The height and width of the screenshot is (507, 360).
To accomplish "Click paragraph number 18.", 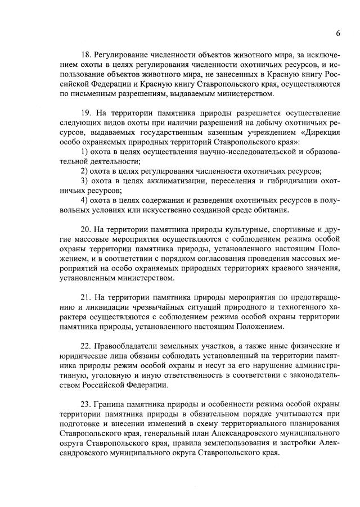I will coord(87,54).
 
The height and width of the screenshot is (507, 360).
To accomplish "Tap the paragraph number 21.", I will coord(87,297).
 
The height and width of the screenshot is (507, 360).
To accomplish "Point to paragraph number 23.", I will coord(87,404).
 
